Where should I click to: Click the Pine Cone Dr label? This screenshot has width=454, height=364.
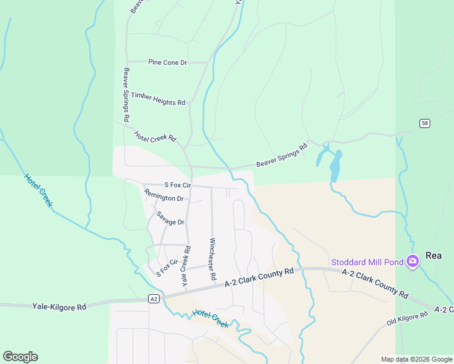[168, 62]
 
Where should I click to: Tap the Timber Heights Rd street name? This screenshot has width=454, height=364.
[158, 99]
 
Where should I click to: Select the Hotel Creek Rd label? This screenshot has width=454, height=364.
[155, 137]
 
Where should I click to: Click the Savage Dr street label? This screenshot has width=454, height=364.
[170, 218]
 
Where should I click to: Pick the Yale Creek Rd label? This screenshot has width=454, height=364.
[186, 266]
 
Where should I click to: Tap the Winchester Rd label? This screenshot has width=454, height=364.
[213, 259]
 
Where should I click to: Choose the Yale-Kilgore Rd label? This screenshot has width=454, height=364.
[59, 308]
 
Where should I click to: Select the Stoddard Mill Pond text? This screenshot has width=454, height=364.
[368, 262]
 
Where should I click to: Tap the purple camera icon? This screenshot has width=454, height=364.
[413, 261]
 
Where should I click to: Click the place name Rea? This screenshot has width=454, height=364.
[433, 255]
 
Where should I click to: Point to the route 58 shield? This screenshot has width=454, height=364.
[424, 123]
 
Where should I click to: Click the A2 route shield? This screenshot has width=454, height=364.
[155, 298]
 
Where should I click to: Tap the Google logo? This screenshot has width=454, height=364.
[20, 357]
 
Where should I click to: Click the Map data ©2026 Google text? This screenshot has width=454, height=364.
[416, 359]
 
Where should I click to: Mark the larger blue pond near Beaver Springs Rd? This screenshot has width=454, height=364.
[334, 166]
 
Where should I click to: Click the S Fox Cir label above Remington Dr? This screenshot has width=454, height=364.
[177, 184]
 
